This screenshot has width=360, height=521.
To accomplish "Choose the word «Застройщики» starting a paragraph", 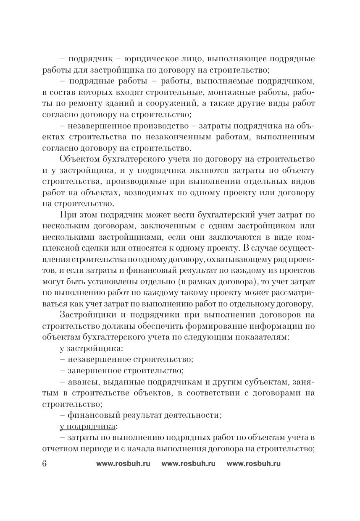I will [87, 315].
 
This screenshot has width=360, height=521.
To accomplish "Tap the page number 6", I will [45, 464].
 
